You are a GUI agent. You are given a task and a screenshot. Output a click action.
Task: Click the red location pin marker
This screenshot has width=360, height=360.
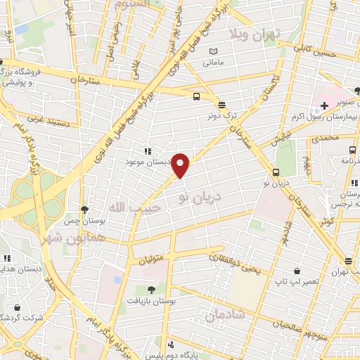coord(181,165)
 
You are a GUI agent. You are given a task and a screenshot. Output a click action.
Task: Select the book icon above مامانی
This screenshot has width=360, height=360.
coord(213,52)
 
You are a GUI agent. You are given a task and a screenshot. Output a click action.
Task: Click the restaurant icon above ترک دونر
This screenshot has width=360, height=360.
coord(222,103)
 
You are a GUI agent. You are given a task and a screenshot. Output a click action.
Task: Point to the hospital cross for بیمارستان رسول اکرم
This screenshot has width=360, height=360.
coord(323,106)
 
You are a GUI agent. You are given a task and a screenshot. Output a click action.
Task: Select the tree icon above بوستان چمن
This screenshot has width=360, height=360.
coord(85,209)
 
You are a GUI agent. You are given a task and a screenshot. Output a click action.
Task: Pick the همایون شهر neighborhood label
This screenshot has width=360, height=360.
coord(70,238)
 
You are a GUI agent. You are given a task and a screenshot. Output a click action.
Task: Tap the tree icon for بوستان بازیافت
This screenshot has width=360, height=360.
coord(151,289)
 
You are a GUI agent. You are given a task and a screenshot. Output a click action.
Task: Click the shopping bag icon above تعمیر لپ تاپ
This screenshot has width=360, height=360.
coord(298,270)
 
